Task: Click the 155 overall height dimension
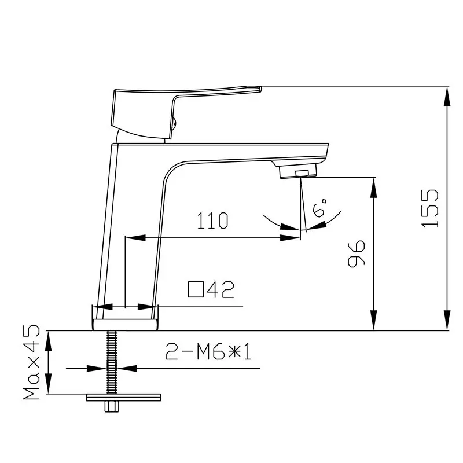430,208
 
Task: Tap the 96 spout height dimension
357,253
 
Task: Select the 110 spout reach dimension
212,221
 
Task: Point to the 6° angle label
320,208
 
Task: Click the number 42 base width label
221,289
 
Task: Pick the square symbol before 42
196,289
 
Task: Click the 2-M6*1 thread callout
208,351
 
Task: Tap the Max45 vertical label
31,362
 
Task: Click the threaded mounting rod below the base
111,362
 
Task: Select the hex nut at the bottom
112,407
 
